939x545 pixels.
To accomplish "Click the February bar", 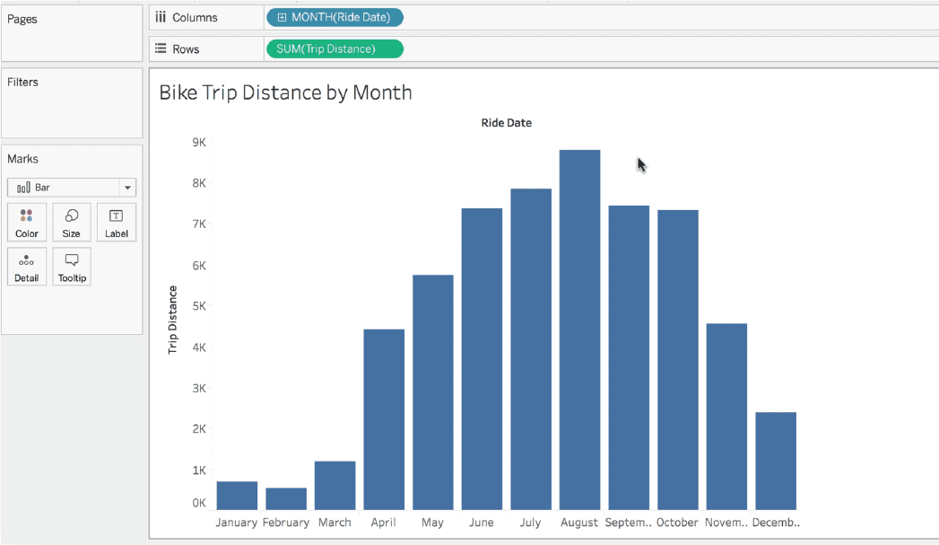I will click(x=286, y=498).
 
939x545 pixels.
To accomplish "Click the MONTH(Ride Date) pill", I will click(x=335, y=17).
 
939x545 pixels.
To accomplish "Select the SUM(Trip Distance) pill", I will click(x=335, y=48).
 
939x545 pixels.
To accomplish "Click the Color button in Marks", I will click(x=27, y=223).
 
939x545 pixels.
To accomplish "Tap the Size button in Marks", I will click(x=72, y=223).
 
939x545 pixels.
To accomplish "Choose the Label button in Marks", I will click(x=117, y=223).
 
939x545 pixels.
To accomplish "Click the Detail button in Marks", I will click(x=27, y=267).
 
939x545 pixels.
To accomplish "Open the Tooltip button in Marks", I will click(x=72, y=267).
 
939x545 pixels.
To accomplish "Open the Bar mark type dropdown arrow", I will click(x=128, y=188).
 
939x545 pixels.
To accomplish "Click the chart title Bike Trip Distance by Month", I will click(x=285, y=92).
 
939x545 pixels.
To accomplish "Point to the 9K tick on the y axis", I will click(x=199, y=142).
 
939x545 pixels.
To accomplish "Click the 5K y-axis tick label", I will click(x=199, y=306).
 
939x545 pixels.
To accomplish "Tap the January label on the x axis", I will click(x=237, y=523).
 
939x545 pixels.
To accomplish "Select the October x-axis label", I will click(x=677, y=523).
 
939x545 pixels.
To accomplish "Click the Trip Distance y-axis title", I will click(x=173, y=320).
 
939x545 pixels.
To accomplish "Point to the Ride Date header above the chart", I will click(x=506, y=123).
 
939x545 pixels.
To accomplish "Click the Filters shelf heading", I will click(x=23, y=82).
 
